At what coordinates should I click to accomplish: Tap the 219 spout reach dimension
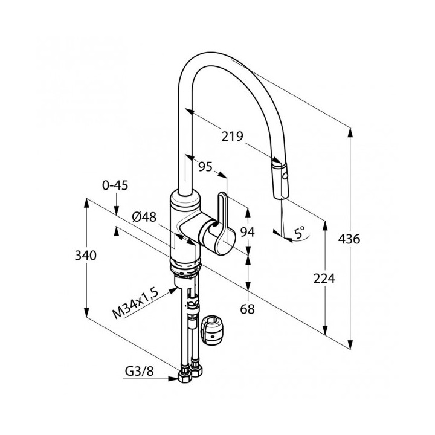point(231,137)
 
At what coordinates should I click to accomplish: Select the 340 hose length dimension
point(86,256)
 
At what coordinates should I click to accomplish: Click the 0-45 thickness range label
point(115,185)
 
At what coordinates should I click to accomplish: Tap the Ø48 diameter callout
point(144,216)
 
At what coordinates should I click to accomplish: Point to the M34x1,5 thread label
point(136,306)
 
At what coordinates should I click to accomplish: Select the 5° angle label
point(300,231)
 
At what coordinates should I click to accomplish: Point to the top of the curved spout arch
point(214,56)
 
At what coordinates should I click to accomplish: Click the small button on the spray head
point(284,179)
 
